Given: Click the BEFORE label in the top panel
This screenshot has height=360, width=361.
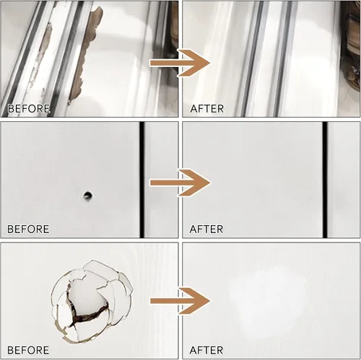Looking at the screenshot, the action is [29, 109].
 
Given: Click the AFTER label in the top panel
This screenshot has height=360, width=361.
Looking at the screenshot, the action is [207, 109].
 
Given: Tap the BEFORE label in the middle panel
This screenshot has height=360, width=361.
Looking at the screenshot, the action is [28, 229].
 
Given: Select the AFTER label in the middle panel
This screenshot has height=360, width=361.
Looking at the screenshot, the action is [206, 229].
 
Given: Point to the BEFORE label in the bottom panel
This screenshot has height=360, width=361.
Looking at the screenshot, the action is [28, 350].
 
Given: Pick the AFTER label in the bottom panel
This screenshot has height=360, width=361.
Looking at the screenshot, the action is [206, 350].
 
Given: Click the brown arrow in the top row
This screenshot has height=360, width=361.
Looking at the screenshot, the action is [180, 63].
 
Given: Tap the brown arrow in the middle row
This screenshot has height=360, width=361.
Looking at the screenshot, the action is [180, 183].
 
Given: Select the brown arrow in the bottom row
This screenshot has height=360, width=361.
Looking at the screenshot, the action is [180, 301].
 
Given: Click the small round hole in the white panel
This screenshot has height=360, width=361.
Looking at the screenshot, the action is [87, 196].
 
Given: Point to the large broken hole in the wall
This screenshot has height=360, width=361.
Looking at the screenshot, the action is [92, 301].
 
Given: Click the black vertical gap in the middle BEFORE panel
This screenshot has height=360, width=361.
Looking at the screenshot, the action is [142, 180].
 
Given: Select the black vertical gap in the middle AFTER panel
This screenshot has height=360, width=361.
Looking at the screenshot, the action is [325, 180].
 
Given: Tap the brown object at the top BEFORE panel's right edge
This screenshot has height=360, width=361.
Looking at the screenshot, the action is [174, 36].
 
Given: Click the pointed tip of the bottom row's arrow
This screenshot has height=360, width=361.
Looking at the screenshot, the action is [210, 301].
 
